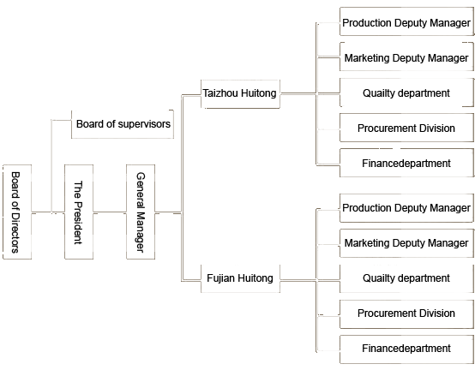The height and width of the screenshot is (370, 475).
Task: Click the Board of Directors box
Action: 17,212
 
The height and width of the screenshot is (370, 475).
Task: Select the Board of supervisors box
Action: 123,124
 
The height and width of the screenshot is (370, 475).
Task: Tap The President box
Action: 79,212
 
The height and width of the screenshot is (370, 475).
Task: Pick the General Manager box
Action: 141,212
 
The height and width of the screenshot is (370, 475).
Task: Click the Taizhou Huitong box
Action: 240,94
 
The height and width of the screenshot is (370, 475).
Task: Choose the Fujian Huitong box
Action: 240,278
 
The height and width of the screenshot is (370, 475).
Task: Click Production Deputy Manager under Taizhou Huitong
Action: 406,21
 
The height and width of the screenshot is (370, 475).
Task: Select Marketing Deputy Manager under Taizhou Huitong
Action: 406,57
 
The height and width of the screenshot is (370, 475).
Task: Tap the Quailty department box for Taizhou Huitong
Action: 406,92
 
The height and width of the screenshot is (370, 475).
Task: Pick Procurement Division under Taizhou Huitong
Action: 406,128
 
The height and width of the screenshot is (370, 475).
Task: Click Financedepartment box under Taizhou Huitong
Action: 406,163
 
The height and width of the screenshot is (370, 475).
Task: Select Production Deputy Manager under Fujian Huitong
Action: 406,208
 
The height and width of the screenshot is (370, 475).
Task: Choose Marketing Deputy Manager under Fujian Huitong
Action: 406,243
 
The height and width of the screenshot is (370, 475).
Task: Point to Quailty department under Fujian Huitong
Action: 406,278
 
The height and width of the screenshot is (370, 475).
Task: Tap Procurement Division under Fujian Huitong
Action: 406,313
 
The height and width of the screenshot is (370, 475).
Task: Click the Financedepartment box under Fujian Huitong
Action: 406,349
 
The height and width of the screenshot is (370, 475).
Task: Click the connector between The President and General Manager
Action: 110,212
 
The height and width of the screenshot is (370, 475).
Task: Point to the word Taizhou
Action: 220,92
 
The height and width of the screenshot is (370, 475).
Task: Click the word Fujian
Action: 221,278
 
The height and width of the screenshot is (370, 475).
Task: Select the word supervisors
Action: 144,124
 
